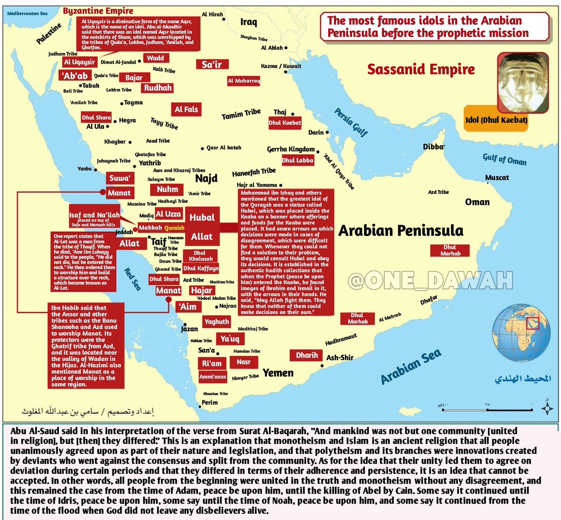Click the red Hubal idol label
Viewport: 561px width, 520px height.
pos(202,217)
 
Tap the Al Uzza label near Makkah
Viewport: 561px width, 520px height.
pos(168,214)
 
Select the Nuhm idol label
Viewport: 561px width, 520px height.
pos(167,189)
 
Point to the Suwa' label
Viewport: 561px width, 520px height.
pos(120,178)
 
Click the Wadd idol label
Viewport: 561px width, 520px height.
pos(156,58)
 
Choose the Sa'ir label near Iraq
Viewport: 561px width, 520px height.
pos(212,64)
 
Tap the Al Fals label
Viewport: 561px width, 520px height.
pos(187,109)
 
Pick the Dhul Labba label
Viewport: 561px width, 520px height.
pos(297,160)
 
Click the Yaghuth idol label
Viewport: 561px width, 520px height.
pos(216,321)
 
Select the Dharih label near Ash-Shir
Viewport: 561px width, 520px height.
pos(307,356)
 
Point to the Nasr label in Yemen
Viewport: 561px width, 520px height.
pos(244,362)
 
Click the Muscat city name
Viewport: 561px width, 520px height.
pos(497,178)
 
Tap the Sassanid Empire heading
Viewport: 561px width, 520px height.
pos(421,69)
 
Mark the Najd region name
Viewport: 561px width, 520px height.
pos(206,178)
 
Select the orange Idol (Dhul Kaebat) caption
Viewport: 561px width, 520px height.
pos(496,120)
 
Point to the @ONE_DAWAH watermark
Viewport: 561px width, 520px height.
pos(430,281)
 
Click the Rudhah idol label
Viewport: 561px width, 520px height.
pos(158,88)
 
